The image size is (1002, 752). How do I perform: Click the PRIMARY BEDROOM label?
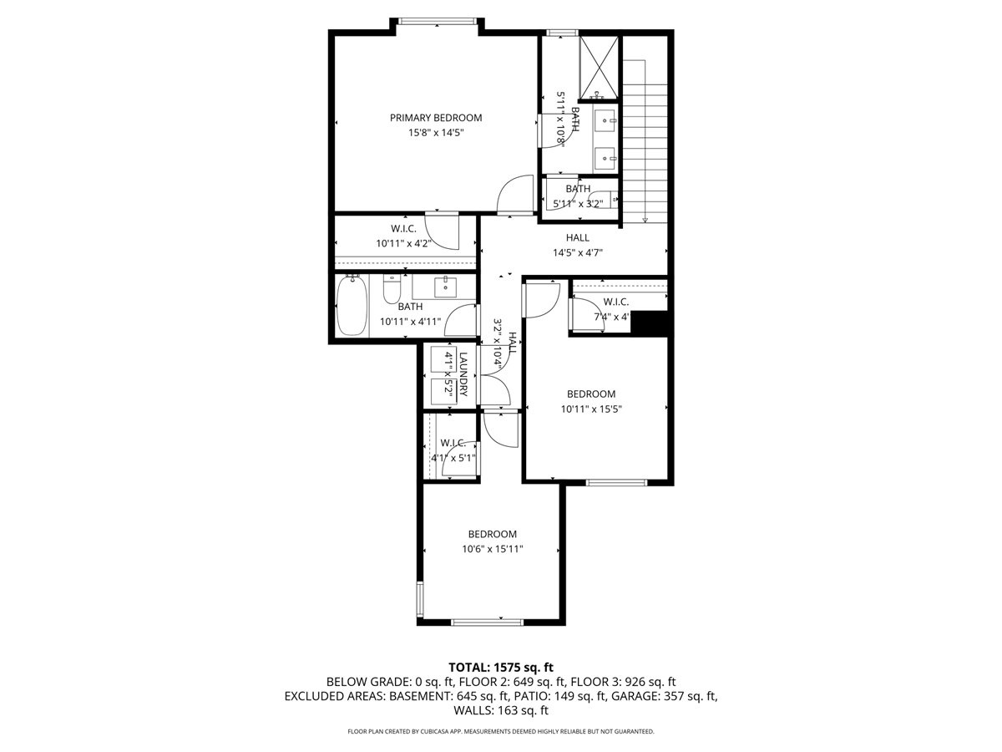pos(436,118)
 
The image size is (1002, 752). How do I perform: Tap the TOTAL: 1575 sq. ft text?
pos(501,667)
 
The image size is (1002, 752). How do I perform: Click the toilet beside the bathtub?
pos(392,290)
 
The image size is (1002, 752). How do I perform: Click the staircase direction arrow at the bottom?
pos(645,220)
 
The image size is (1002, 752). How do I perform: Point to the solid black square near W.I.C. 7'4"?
pos(650,323)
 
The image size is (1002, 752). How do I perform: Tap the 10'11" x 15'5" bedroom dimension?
pos(591,409)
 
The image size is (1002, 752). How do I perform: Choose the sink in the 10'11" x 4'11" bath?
pos(445,287)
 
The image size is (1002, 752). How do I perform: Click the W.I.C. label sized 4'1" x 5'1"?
pos(453,442)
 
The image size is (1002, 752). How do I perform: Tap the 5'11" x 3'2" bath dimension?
pos(577,202)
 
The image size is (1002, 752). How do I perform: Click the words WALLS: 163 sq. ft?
pos(501,710)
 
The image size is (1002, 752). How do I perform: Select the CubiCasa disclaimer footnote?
pos(501,732)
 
